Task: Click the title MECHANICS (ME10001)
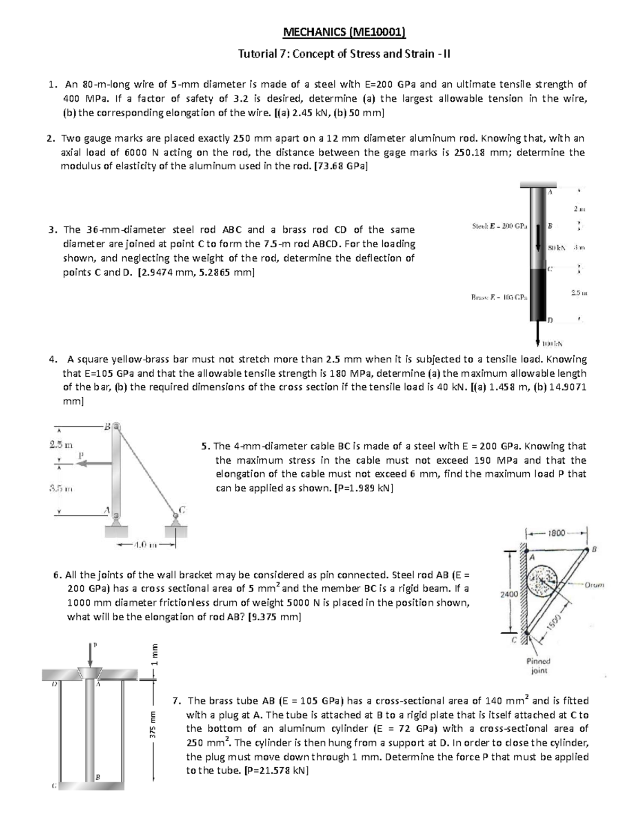tap(345, 33)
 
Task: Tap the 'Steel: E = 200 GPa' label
tap(500, 227)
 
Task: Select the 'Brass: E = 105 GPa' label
tap(499, 298)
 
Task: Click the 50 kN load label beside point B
tap(557, 248)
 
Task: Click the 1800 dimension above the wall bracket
tap(557, 532)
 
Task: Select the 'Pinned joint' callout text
tap(538, 665)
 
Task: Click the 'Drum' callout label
tap(594, 585)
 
